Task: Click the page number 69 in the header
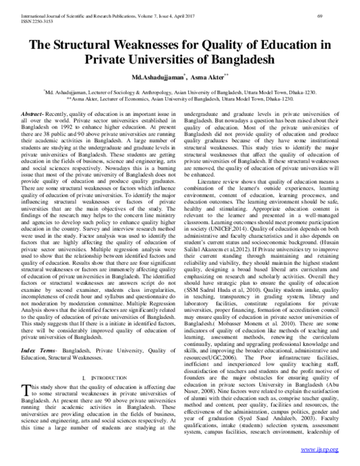click(337, 6)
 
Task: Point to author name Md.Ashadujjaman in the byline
click(148, 78)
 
